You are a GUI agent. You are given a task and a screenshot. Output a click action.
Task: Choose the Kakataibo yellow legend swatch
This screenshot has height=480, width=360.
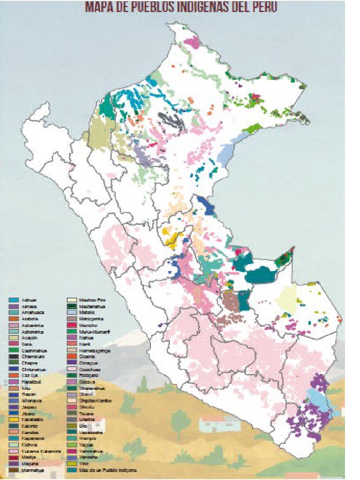[14, 420]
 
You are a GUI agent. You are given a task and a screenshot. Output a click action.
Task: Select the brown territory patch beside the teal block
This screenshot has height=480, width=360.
[230, 300]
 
